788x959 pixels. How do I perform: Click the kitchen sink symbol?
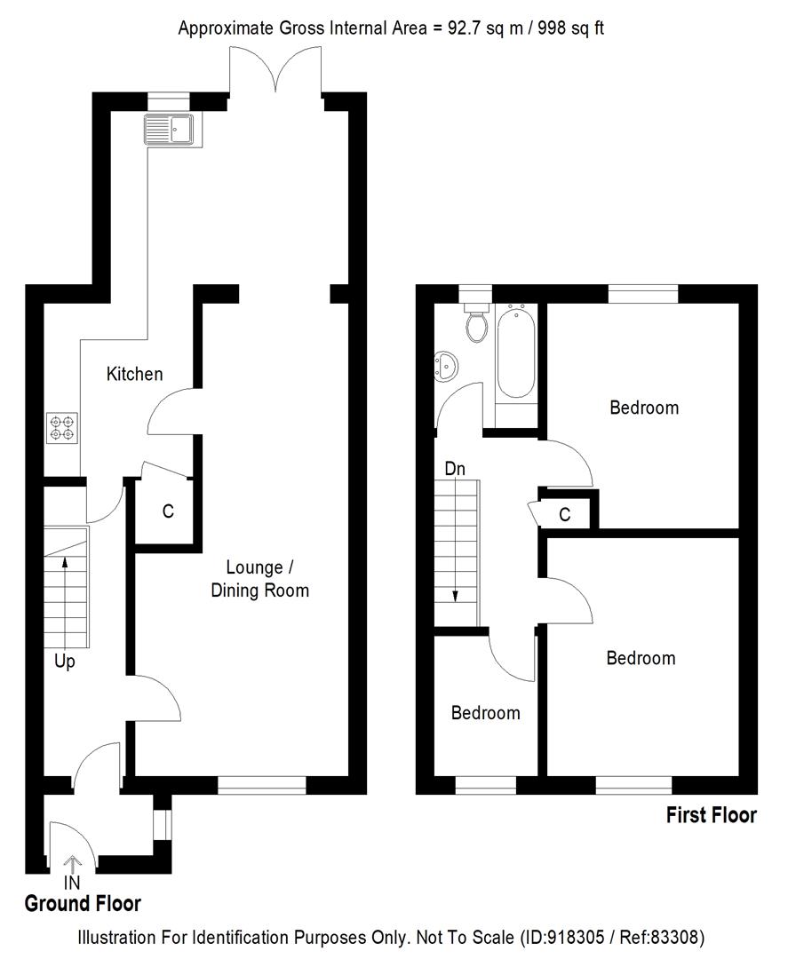pyautogui.click(x=171, y=130)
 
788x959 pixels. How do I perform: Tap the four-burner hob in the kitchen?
pyautogui.click(x=61, y=429)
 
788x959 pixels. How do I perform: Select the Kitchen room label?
pyautogui.click(x=134, y=374)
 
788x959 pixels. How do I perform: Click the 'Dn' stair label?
pyautogui.click(x=455, y=469)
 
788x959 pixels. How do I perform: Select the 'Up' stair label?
pyautogui.click(x=64, y=662)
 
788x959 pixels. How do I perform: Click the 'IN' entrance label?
pyautogui.click(x=72, y=883)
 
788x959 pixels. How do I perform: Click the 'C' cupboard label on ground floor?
pyautogui.click(x=167, y=511)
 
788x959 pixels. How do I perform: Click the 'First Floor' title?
pyautogui.click(x=711, y=815)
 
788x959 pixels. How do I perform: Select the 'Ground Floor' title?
pyautogui.click(x=82, y=904)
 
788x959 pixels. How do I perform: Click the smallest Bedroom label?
pyautogui.click(x=485, y=713)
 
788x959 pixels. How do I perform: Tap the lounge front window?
pyautogui.click(x=262, y=785)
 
